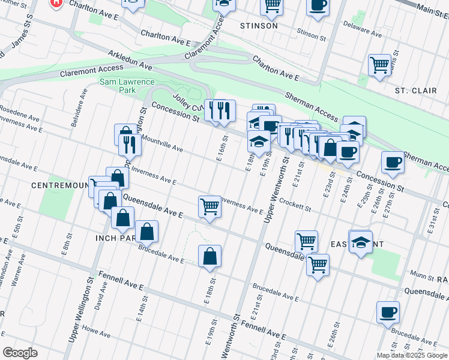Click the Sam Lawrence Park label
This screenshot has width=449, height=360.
pos(127,86)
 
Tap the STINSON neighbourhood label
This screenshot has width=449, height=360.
pos(259,26)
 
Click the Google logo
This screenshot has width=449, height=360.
pos(20,353)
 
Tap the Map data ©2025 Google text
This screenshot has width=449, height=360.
pos(412,355)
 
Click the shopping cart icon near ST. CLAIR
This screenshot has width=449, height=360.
pos(379,65)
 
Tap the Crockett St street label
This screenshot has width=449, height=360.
pos(294,205)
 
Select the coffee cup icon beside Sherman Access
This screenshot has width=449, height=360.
pos(393,162)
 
